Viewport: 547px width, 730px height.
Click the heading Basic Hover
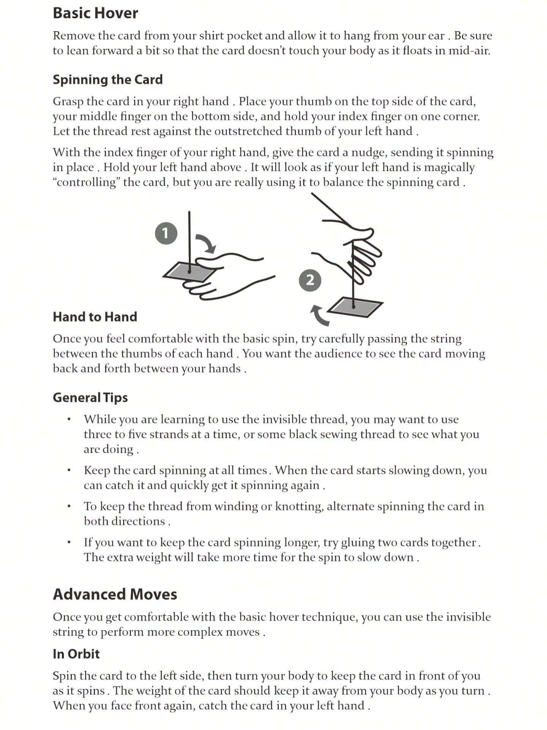[x=95, y=13]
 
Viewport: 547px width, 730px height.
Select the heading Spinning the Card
[x=108, y=79]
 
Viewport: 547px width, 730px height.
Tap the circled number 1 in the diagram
[x=166, y=233]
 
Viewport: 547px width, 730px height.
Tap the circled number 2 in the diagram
[x=310, y=280]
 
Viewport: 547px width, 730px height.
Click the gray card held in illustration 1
[x=189, y=271]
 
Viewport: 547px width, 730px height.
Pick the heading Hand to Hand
[x=95, y=317]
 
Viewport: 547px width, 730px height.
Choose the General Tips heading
[x=90, y=398]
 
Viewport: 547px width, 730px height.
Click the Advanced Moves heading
[x=115, y=594]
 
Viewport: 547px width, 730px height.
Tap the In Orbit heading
[x=76, y=654]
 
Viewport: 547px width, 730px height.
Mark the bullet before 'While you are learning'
[x=69, y=419]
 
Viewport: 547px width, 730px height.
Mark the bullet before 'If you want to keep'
[x=69, y=542]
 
